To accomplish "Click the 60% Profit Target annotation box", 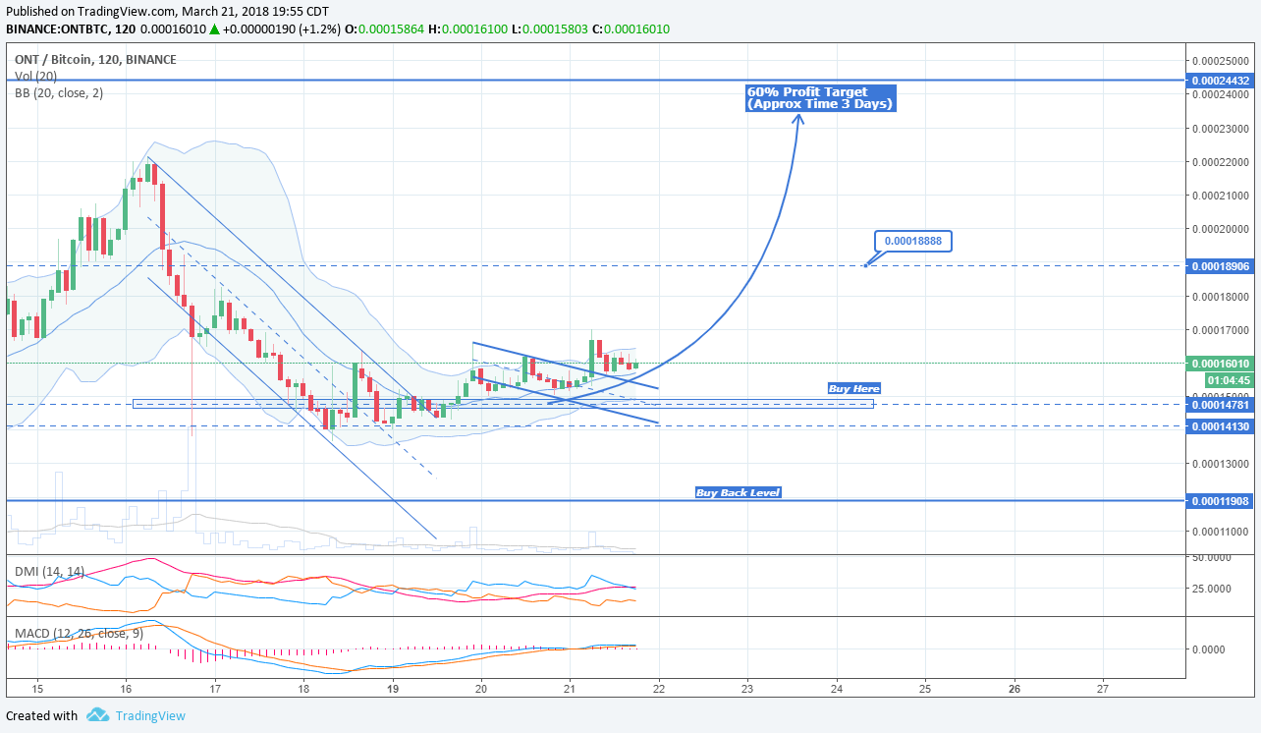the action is (x=820, y=98).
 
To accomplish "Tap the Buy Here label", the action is (x=854, y=388).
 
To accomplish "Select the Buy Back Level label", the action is (x=738, y=492).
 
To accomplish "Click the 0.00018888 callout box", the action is (x=912, y=241).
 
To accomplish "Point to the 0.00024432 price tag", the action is (x=1220, y=81).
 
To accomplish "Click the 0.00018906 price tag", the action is (x=1220, y=266).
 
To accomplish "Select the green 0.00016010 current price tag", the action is (x=1220, y=364).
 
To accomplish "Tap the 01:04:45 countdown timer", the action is (x=1228, y=380).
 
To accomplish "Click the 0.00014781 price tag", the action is (x=1220, y=405).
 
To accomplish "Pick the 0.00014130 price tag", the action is (x=1220, y=426).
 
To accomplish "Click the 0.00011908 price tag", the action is (x=1220, y=501).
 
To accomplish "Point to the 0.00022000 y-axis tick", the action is (x=1220, y=162).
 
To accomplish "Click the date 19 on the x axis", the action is (x=393, y=689).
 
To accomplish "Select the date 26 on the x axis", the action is (x=1014, y=689).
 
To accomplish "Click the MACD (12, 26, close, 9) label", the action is (x=79, y=634).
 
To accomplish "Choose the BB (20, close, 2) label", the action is (x=59, y=93).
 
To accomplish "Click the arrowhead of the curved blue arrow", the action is (x=798, y=118).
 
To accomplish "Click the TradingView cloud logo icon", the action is (x=97, y=715).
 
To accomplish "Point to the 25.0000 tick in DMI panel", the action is (x=1219, y=589).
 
